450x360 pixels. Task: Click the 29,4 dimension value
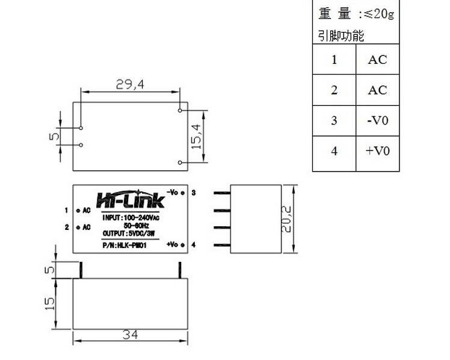coord(130,85)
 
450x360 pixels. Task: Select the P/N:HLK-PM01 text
coord(125,245)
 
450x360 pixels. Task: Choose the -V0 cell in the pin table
coord(377,120)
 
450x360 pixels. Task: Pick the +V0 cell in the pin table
coord(377,151)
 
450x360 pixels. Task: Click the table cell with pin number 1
coord(334,60)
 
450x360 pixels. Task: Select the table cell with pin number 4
coord(334,151)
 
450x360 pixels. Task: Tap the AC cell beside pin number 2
coord(377,90)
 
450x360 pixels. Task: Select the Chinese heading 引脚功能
coord(341,36)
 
